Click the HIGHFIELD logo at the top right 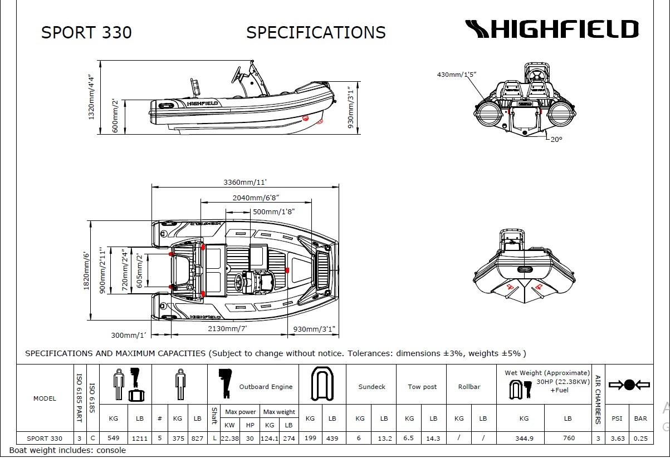[x=551, y=29]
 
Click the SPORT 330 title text [x=86, y=32]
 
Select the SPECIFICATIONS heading [x=316, y=32]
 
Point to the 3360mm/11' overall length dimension [x=246, y=182]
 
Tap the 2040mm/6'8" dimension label [x=255, y=198]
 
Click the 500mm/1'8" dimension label [x=273, y=211]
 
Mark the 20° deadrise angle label [x=556, y=139]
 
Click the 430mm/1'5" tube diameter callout [x=457, y=74]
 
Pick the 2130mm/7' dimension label [x=227, y=328]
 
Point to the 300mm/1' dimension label [x=129, y=335]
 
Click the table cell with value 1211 [x=140, y=438]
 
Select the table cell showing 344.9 [x=524, y=438]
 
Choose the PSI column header [x=617, y=418]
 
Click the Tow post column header [x=422, y=387]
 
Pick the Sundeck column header [x=371, y=387]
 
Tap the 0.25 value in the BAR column [x=640, y=438]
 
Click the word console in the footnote [x=111, y=450]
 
